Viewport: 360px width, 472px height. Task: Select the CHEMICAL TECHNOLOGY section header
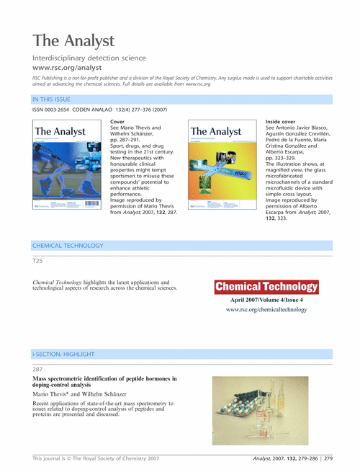(68, 246)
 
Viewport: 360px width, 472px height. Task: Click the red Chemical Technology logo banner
(266, 286)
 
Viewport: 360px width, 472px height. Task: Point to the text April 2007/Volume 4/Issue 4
(266, 299)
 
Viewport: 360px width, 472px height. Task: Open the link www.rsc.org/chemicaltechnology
(266, 310)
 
